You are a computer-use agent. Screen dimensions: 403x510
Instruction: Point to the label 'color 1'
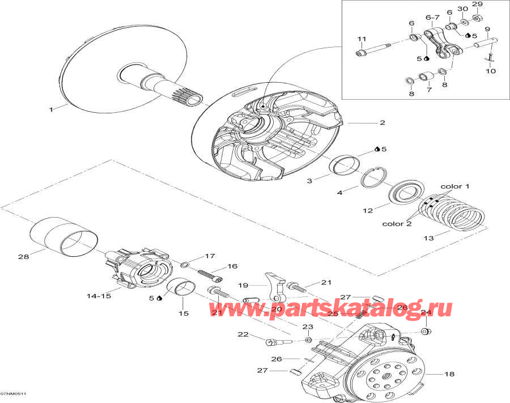(x=455, y=186)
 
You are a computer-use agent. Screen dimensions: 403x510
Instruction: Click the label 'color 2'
(x=396, y=223)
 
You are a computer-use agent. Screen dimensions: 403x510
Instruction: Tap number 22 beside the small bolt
(x=243, y=335)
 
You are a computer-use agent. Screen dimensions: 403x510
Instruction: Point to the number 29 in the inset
(x=477, y=5)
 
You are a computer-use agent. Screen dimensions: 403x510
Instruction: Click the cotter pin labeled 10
(x=489, y=57)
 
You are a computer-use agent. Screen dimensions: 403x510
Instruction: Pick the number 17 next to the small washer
(x=194, y=256)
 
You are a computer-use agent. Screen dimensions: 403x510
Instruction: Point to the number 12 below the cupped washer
(x=368, y=211)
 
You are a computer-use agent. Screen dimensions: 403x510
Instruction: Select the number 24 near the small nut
(x=426, y=312)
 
